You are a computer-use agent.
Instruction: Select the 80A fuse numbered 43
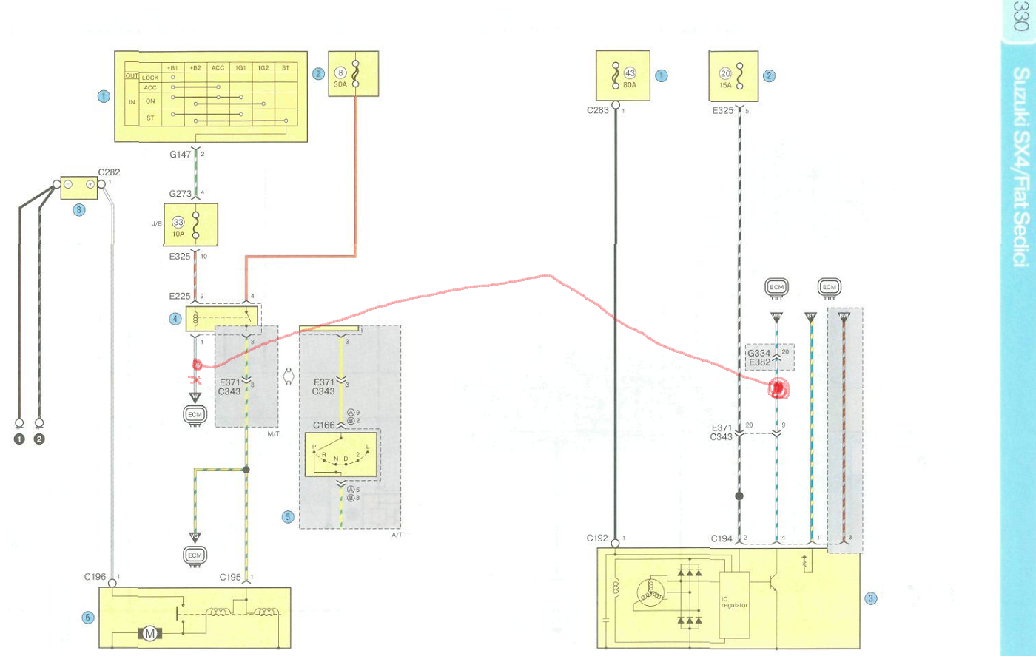[x=616, y=75]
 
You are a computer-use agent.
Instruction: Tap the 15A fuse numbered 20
[x=739, y=75]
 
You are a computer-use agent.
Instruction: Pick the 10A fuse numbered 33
[x=195, y=225]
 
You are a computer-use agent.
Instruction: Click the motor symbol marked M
[x=149, y=634]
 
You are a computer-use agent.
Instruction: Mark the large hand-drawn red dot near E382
[x=777, y=388]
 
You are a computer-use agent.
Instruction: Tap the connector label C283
[x=597, y=110]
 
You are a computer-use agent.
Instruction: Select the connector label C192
[x=597, y=538]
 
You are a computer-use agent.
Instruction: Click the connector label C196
[x=95, y=577]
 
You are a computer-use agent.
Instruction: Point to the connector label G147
[x=180, y=155]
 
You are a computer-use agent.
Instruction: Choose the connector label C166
[x=323, y=425]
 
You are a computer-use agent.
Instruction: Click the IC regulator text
[x=734, y=602]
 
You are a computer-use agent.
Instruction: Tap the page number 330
[x=1022, y=16]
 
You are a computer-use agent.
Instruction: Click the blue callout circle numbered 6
[x=88, y=618]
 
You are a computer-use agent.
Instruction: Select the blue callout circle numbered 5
[x=288, y=517]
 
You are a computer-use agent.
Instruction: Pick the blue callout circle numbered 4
[x=175, y=319]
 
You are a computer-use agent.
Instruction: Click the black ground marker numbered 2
[x=39, y=439]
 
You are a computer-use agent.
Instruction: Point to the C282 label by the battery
[x=109, y=172]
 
